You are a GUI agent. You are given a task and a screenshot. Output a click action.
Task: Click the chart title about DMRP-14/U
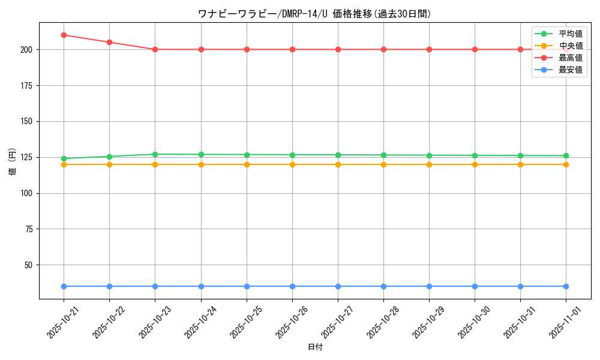tap(314, 14)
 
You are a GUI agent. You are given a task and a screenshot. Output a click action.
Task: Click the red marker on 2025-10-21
tap(64, 35)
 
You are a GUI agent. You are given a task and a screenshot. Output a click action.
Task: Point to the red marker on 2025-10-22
tap(109, 42)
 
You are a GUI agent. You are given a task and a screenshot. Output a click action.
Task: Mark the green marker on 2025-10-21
tap(64, 158)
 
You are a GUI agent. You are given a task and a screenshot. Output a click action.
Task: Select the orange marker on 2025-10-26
tap(292, 164)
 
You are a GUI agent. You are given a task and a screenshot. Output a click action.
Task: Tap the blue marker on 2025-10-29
tap(429, 286)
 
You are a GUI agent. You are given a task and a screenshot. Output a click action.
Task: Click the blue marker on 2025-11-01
tap(566, 286)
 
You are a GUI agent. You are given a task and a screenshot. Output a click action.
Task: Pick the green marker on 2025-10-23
tap(155, 154)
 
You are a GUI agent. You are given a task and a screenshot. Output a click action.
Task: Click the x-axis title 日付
tap(315, 347)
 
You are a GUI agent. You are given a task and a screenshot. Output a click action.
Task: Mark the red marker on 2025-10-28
tap(383, 49)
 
